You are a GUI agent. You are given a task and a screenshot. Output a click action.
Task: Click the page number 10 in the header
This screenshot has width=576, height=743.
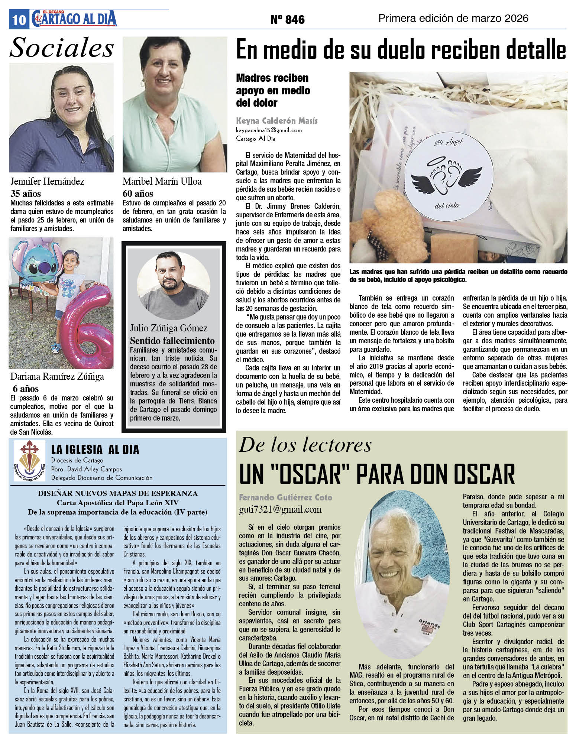[x=18, y=19]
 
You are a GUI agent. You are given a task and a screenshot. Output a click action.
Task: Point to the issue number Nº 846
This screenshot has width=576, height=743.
[x=287, y=19]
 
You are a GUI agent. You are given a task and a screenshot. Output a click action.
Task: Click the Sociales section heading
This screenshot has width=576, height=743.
[x=62, y=48]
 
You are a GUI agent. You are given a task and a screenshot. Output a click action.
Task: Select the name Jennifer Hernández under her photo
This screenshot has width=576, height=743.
[x=47, y=181]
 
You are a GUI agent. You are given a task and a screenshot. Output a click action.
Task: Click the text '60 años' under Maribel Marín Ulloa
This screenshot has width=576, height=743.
[x=138, y=194]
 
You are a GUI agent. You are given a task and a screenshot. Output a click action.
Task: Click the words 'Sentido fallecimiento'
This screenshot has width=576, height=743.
[x=172, y=341]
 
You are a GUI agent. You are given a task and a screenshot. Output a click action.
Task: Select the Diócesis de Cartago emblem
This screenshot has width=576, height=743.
[x=29, y=460]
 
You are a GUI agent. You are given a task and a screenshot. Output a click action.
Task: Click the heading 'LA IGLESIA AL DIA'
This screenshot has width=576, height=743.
[x=95, y=450]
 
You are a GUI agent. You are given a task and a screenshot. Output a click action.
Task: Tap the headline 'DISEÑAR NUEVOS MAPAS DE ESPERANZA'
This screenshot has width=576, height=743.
[x=118, y=493]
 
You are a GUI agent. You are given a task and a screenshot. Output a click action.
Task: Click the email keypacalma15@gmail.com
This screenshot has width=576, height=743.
[x=269, y=130]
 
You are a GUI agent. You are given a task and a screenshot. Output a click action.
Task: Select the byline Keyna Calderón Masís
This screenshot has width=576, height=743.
[x=277, y=121]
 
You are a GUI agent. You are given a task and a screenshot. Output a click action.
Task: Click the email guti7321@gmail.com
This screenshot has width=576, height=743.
[x=280, y=509]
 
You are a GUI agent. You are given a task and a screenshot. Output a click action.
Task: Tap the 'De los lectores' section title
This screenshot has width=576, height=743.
[x=305, y=445]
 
